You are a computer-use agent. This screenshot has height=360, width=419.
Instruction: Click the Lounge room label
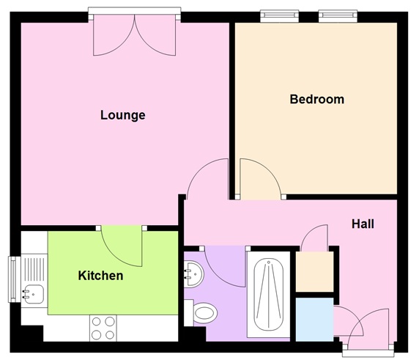tap(122, 115)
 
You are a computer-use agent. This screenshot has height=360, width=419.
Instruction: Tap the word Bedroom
tap(316, 100)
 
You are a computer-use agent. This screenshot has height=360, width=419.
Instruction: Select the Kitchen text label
tap(100, 276)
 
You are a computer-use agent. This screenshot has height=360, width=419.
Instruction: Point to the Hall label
tap(363, 224)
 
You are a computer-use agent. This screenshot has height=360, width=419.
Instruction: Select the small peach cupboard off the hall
tap(313, 271)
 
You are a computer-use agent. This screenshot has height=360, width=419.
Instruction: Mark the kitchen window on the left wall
tap(13, 279)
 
